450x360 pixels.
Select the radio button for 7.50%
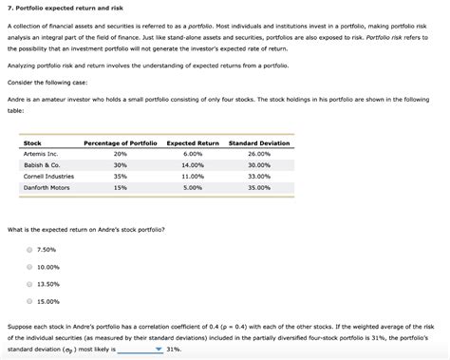(29, 249)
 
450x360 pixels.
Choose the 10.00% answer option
(29, 267)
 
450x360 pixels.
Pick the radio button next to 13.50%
(29, 283)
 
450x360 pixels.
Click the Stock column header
(32, 142)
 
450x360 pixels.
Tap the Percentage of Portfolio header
(121, 142)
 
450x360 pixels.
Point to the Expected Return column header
(193, 142)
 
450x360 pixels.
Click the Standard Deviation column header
(258, 142)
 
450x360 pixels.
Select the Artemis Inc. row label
(41, 153)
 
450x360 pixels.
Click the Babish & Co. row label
(41, 164)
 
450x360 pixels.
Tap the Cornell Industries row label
(48, 176)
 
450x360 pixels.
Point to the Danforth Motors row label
(47, 187)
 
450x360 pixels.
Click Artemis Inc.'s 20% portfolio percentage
(120, 153)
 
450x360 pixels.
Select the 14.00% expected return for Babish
(193, 164)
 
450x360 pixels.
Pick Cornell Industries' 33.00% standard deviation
(258, 176)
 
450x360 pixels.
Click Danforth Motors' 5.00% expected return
(193, 187)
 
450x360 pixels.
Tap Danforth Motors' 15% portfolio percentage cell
(120, 187)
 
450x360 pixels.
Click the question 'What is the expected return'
(86, 229)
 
